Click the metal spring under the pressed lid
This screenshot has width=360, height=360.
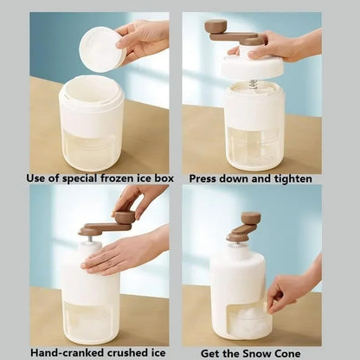pyautogui.click(x=253, y=84)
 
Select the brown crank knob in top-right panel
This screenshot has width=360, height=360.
pyautogui.click(x=215, y=27)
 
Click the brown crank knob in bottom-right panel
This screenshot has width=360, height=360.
pyautogui.click(x=250, y=218)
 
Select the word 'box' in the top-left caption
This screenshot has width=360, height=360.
pyautogui.click(x=162, y=178)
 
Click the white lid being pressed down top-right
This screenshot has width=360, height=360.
pyautogui.click(x=252, y=67)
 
